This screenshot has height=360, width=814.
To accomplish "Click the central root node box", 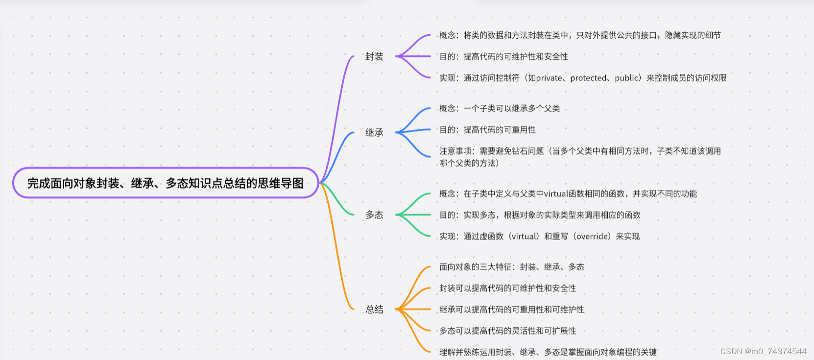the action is (166, 183).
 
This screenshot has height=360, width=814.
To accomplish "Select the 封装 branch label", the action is (374, 57).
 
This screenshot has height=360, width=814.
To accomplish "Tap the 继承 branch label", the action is (374, 133).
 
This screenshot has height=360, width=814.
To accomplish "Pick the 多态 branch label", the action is (374, 215).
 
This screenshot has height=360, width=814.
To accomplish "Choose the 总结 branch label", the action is (374, 310).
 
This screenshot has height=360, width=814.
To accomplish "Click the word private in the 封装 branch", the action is (549, 78).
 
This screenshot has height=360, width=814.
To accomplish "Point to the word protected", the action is (588, 78).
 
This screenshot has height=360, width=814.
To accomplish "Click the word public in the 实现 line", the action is (627, 78).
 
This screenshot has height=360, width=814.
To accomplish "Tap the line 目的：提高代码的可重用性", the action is (487, 130).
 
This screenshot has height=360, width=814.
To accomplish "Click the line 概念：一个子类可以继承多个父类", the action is (499, 109).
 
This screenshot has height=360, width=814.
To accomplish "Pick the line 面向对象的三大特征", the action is (511, 267).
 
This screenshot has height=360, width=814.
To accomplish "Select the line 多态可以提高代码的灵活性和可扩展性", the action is (507, 331).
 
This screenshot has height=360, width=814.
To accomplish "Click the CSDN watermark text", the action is (763, 351).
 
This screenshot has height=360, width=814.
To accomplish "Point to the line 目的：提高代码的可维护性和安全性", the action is (503, 57).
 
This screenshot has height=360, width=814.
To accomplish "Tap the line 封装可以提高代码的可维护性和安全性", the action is (507, 288).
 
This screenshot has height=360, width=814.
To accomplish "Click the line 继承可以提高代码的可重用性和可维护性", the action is (511, 310).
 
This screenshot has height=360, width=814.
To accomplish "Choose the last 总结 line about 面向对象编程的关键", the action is (548, 352).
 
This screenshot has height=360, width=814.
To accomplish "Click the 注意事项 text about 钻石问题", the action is (580, 151).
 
